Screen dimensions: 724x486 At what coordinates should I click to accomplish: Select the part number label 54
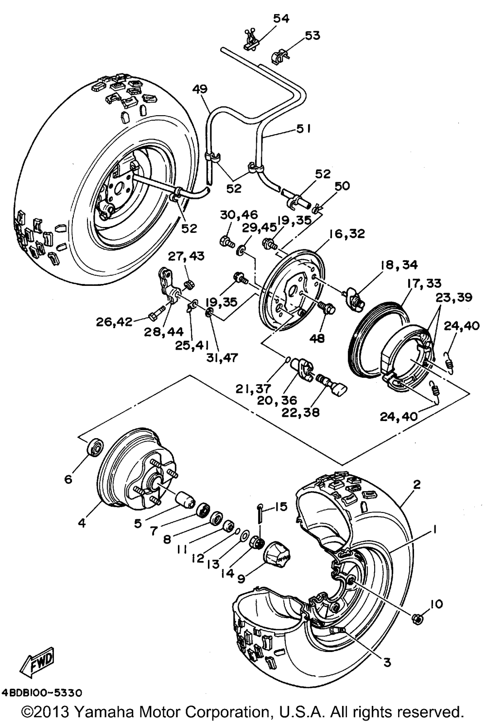281,18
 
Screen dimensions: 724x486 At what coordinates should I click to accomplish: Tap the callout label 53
312,35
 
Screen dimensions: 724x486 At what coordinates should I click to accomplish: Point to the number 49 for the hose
200,89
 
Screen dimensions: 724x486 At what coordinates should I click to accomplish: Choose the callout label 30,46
233,214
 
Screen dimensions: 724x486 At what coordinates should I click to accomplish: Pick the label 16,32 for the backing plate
347,234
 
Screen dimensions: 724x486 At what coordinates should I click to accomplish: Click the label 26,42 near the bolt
115,321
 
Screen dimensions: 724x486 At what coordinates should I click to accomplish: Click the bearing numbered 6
95,447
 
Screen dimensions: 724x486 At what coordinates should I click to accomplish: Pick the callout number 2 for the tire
416,484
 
